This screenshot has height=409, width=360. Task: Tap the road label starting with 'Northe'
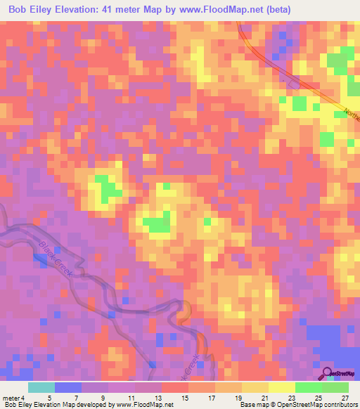click(351, 115)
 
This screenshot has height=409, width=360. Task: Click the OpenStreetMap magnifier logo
click(327, 372)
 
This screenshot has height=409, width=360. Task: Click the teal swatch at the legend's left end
click(41, 387)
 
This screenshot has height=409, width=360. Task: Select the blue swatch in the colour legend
click(68, 387)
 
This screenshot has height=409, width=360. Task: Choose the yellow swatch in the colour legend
click(281, 387)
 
